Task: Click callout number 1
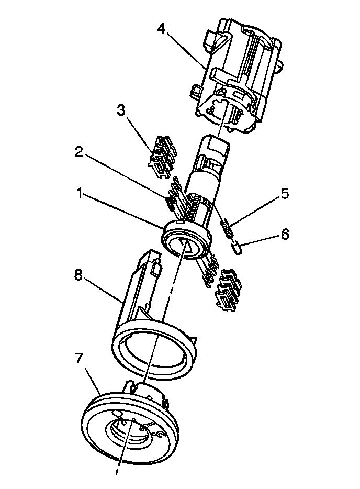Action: coord(79,194)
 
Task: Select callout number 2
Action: coord(79,152)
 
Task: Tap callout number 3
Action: coord(121,110)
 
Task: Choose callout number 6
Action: coord(284,234)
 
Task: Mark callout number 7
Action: coord(79,358)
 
